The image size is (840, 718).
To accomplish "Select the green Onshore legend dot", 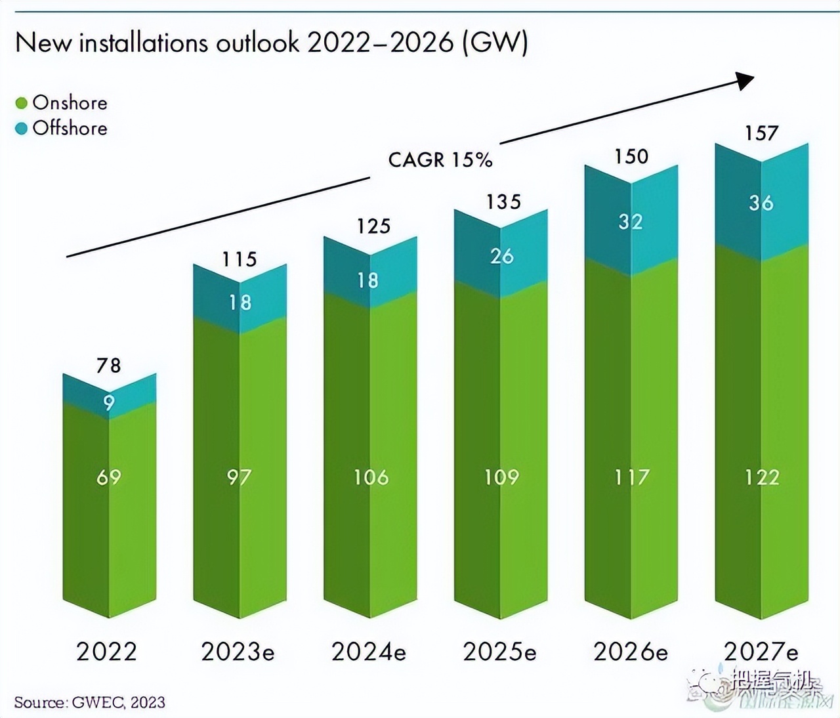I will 22,103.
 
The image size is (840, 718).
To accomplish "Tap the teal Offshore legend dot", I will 22,128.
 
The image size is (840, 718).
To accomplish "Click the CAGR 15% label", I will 440,159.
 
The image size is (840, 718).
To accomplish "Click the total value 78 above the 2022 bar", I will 109,365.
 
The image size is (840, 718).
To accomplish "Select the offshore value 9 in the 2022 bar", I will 109,402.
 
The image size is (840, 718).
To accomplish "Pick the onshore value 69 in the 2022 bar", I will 109,476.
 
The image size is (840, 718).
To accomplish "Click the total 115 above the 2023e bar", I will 240,259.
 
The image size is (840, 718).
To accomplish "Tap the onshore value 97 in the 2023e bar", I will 240,476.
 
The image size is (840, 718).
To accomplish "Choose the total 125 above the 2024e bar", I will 373,226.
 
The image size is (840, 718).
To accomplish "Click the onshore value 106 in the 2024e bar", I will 371,476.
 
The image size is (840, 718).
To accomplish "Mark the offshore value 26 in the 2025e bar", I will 502,256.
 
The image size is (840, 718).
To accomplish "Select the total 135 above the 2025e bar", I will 503,201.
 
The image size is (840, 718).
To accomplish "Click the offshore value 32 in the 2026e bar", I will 631,221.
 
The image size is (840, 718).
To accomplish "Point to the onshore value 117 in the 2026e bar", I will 631,476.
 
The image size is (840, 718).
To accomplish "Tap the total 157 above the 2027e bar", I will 761,133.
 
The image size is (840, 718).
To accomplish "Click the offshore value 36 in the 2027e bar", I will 761,203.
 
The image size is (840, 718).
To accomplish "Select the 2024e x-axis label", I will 369,652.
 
